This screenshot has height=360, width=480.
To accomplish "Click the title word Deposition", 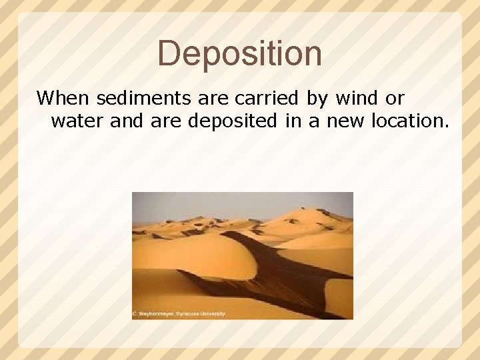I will [x=240, y=53].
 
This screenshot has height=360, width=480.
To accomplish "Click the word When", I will [x=64, y=99].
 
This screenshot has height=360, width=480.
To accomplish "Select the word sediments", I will [x=145, y=99].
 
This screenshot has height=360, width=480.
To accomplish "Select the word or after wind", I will [x=394, y=99].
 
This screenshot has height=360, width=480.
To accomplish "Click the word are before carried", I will [x=214, y=99].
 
